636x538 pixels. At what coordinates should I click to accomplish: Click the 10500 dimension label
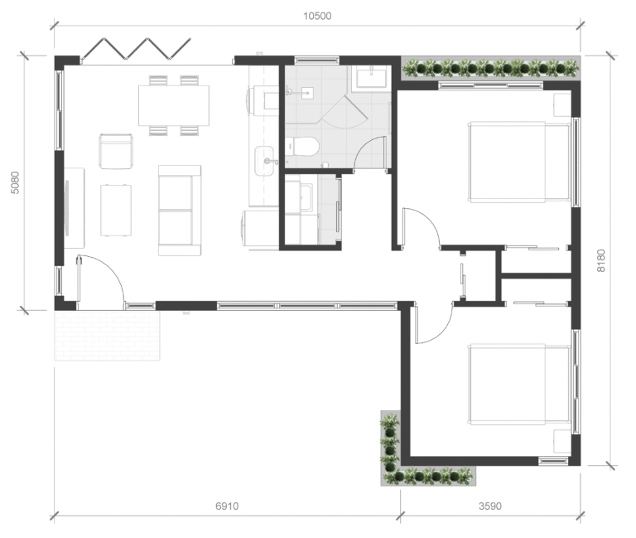(x=317, y=17)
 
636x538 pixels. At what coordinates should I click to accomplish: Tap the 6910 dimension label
(x=227, y=506)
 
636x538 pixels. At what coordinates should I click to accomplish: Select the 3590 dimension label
(x=490, y=506)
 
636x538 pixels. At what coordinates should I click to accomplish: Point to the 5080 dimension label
(x=15, y=182)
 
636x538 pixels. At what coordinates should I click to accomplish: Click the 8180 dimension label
(x=600, y=260)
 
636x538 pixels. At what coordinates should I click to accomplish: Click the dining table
(x=174, y=105)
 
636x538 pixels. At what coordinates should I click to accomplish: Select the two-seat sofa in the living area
(x=180, y=211)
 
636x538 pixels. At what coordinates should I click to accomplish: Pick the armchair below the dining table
(x=116, y=151)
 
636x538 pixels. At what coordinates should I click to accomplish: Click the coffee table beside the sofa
(x=116, y=211)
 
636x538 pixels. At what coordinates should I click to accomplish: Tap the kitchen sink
(x=264, y=161)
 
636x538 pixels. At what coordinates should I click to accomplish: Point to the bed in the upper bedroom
(x=519, y=162)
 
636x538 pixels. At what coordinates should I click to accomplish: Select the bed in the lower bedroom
(x=519, y=384)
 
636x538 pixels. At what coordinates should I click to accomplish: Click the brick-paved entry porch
(x=107, y=336)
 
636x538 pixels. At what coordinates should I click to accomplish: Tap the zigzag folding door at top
(x=136, y=49)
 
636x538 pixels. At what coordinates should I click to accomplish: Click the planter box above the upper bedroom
(x=490, y=68)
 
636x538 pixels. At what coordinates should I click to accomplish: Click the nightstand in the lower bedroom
(x=562, y=441)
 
